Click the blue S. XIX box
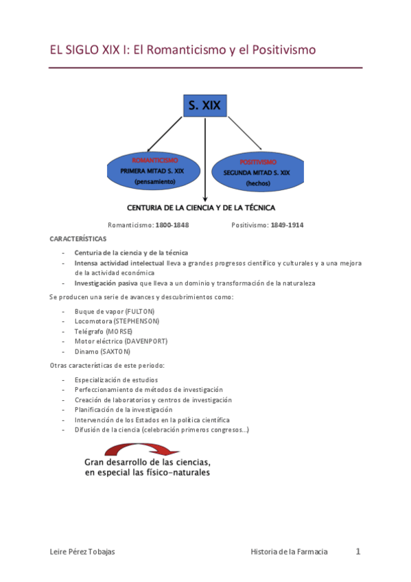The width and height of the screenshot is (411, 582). coord(205,104)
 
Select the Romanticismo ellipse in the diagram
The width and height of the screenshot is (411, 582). coord(155,171)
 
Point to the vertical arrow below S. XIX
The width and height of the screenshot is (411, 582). coord(205,158)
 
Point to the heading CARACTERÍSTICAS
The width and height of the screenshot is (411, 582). coord(78,238)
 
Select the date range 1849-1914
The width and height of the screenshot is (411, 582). coord(287,225)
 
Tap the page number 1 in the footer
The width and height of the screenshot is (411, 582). coord(357,551)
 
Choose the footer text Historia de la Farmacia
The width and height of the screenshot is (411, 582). coord(290,552)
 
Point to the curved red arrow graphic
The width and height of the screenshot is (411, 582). coord(137,448)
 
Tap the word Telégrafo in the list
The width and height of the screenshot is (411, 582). coord(89,331)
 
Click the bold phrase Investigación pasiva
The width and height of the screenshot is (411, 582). coord(106,283)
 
